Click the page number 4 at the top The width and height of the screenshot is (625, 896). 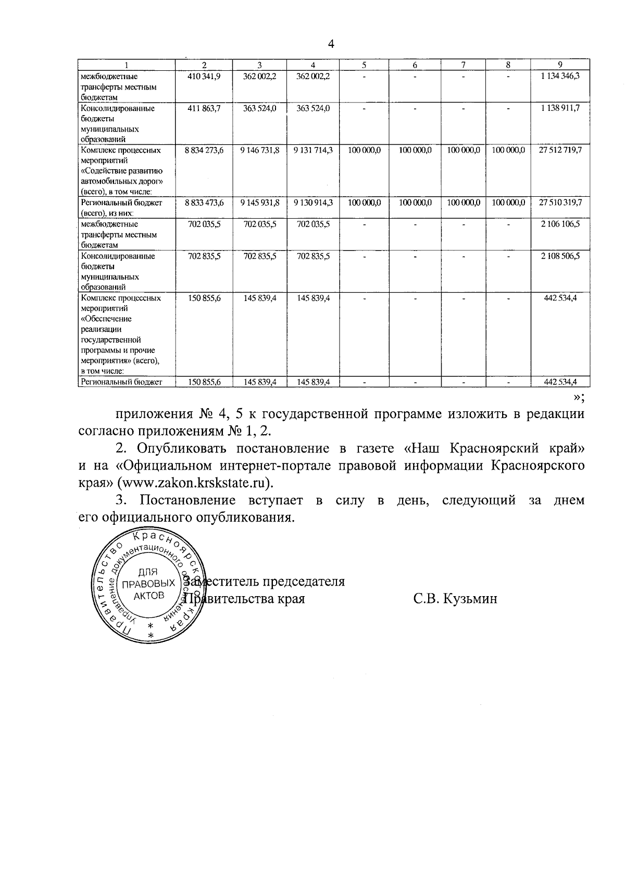330,44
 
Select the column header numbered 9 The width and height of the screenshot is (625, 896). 560,65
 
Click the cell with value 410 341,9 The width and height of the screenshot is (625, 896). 204,76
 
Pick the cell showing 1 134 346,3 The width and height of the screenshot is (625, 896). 560,76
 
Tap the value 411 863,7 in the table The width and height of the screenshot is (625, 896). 204,108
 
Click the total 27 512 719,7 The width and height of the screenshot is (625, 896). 560,150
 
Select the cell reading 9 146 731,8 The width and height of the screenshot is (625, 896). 260,150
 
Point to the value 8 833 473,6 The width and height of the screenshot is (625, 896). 204,202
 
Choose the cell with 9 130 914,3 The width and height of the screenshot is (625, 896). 313,202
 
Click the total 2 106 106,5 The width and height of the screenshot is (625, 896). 560,224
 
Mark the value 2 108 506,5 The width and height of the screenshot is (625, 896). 560,256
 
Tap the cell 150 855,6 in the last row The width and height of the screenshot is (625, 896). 204,382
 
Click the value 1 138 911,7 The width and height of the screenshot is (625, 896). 560,108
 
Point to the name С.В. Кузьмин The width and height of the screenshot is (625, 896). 455,598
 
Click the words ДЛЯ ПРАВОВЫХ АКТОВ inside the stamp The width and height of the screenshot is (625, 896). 148,584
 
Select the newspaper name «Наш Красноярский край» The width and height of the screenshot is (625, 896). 494,448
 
